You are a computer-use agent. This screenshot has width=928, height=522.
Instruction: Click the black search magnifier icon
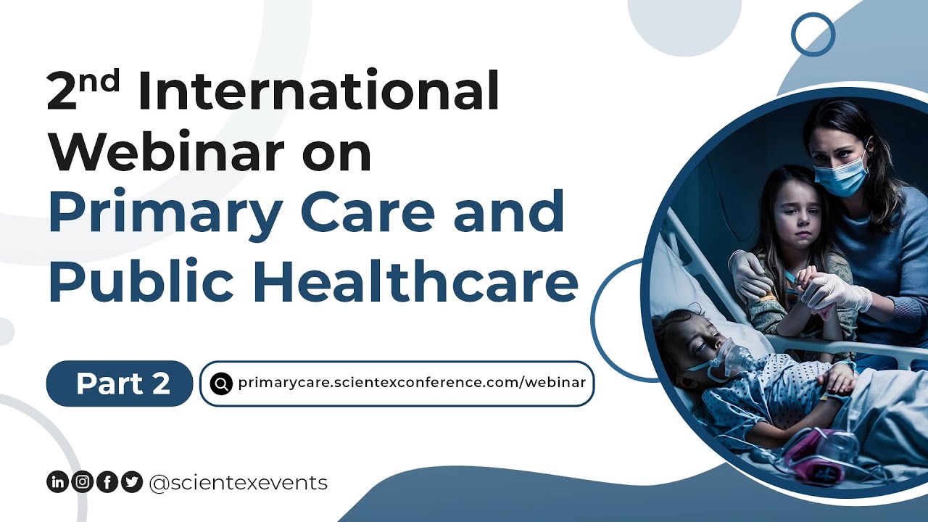pos(220,383)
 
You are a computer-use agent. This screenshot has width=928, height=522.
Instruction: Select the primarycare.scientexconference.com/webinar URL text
pos(411,383)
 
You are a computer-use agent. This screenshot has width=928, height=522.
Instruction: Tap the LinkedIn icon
pos(57,482)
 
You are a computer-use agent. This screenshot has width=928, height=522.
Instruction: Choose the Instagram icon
pos(82,482)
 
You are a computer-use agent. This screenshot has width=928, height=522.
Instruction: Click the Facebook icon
pos(107,482)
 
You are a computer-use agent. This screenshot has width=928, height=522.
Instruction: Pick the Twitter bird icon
pos(131,482)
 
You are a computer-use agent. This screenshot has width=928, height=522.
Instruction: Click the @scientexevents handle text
pos(238,482)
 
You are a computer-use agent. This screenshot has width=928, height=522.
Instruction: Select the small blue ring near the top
pos(813,34)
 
